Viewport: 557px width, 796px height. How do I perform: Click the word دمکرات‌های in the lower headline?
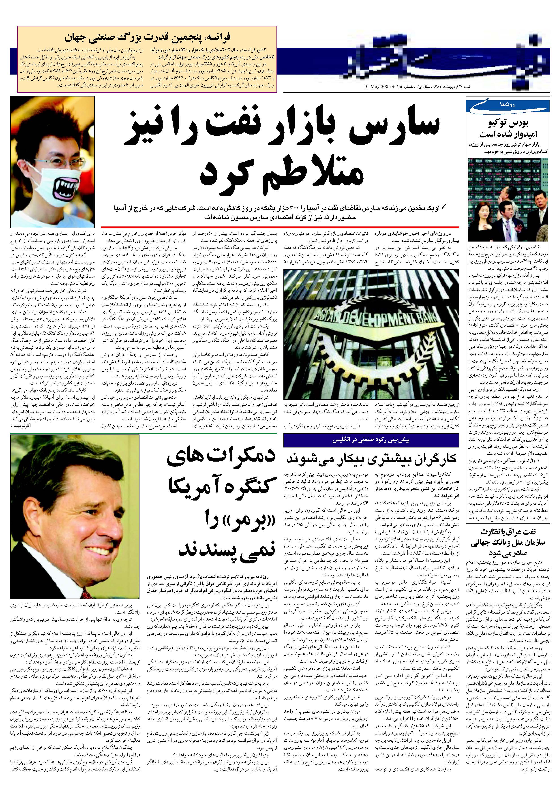click(221, 459)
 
